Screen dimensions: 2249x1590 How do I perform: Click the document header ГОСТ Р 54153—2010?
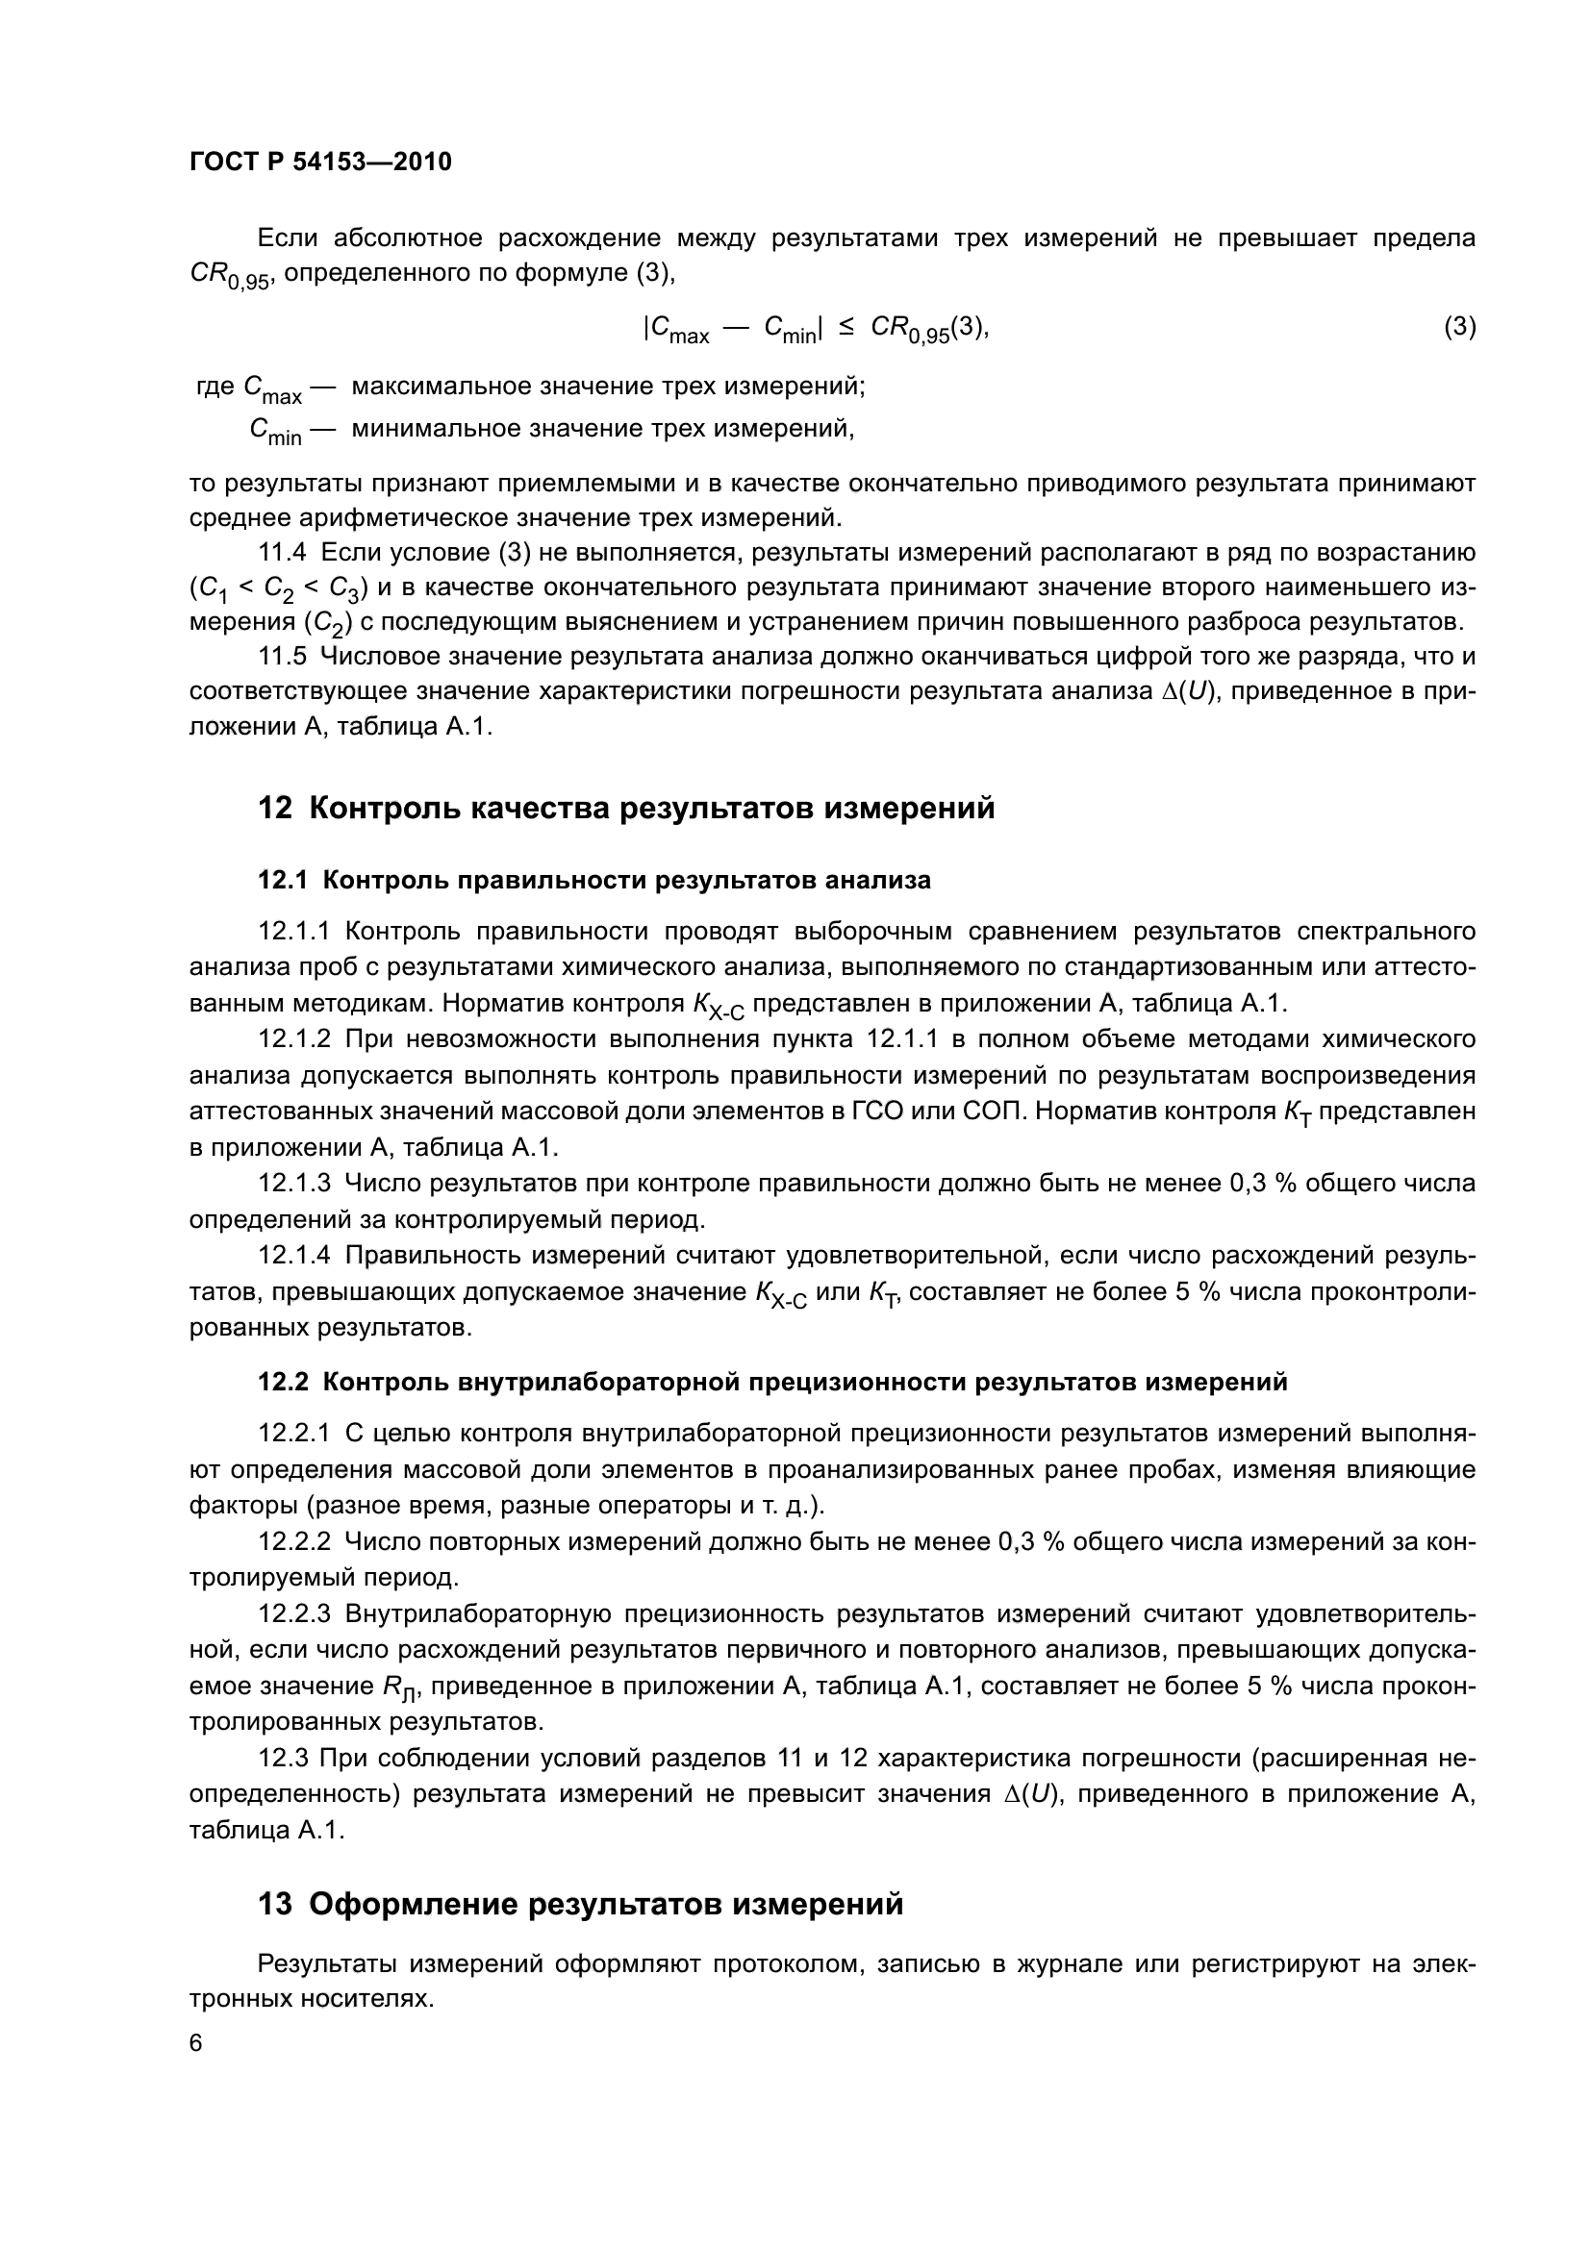pyautogui.click(x=320, y=162)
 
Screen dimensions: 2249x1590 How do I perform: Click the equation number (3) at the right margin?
pyautogui.click(x=1459, y=326)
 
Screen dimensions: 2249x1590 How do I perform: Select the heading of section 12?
pyautogui.click(x=626, y=809)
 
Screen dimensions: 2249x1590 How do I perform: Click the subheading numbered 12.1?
pyautogui.click(x=593, y=881)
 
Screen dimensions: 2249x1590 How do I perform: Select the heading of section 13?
pyautogui.click(x=580, y=1904)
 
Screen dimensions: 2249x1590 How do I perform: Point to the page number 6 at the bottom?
pyautogui.click(x=196, y=2043)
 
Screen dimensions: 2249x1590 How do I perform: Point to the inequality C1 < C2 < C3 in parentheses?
pyautogui.click(x=278, y=589)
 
